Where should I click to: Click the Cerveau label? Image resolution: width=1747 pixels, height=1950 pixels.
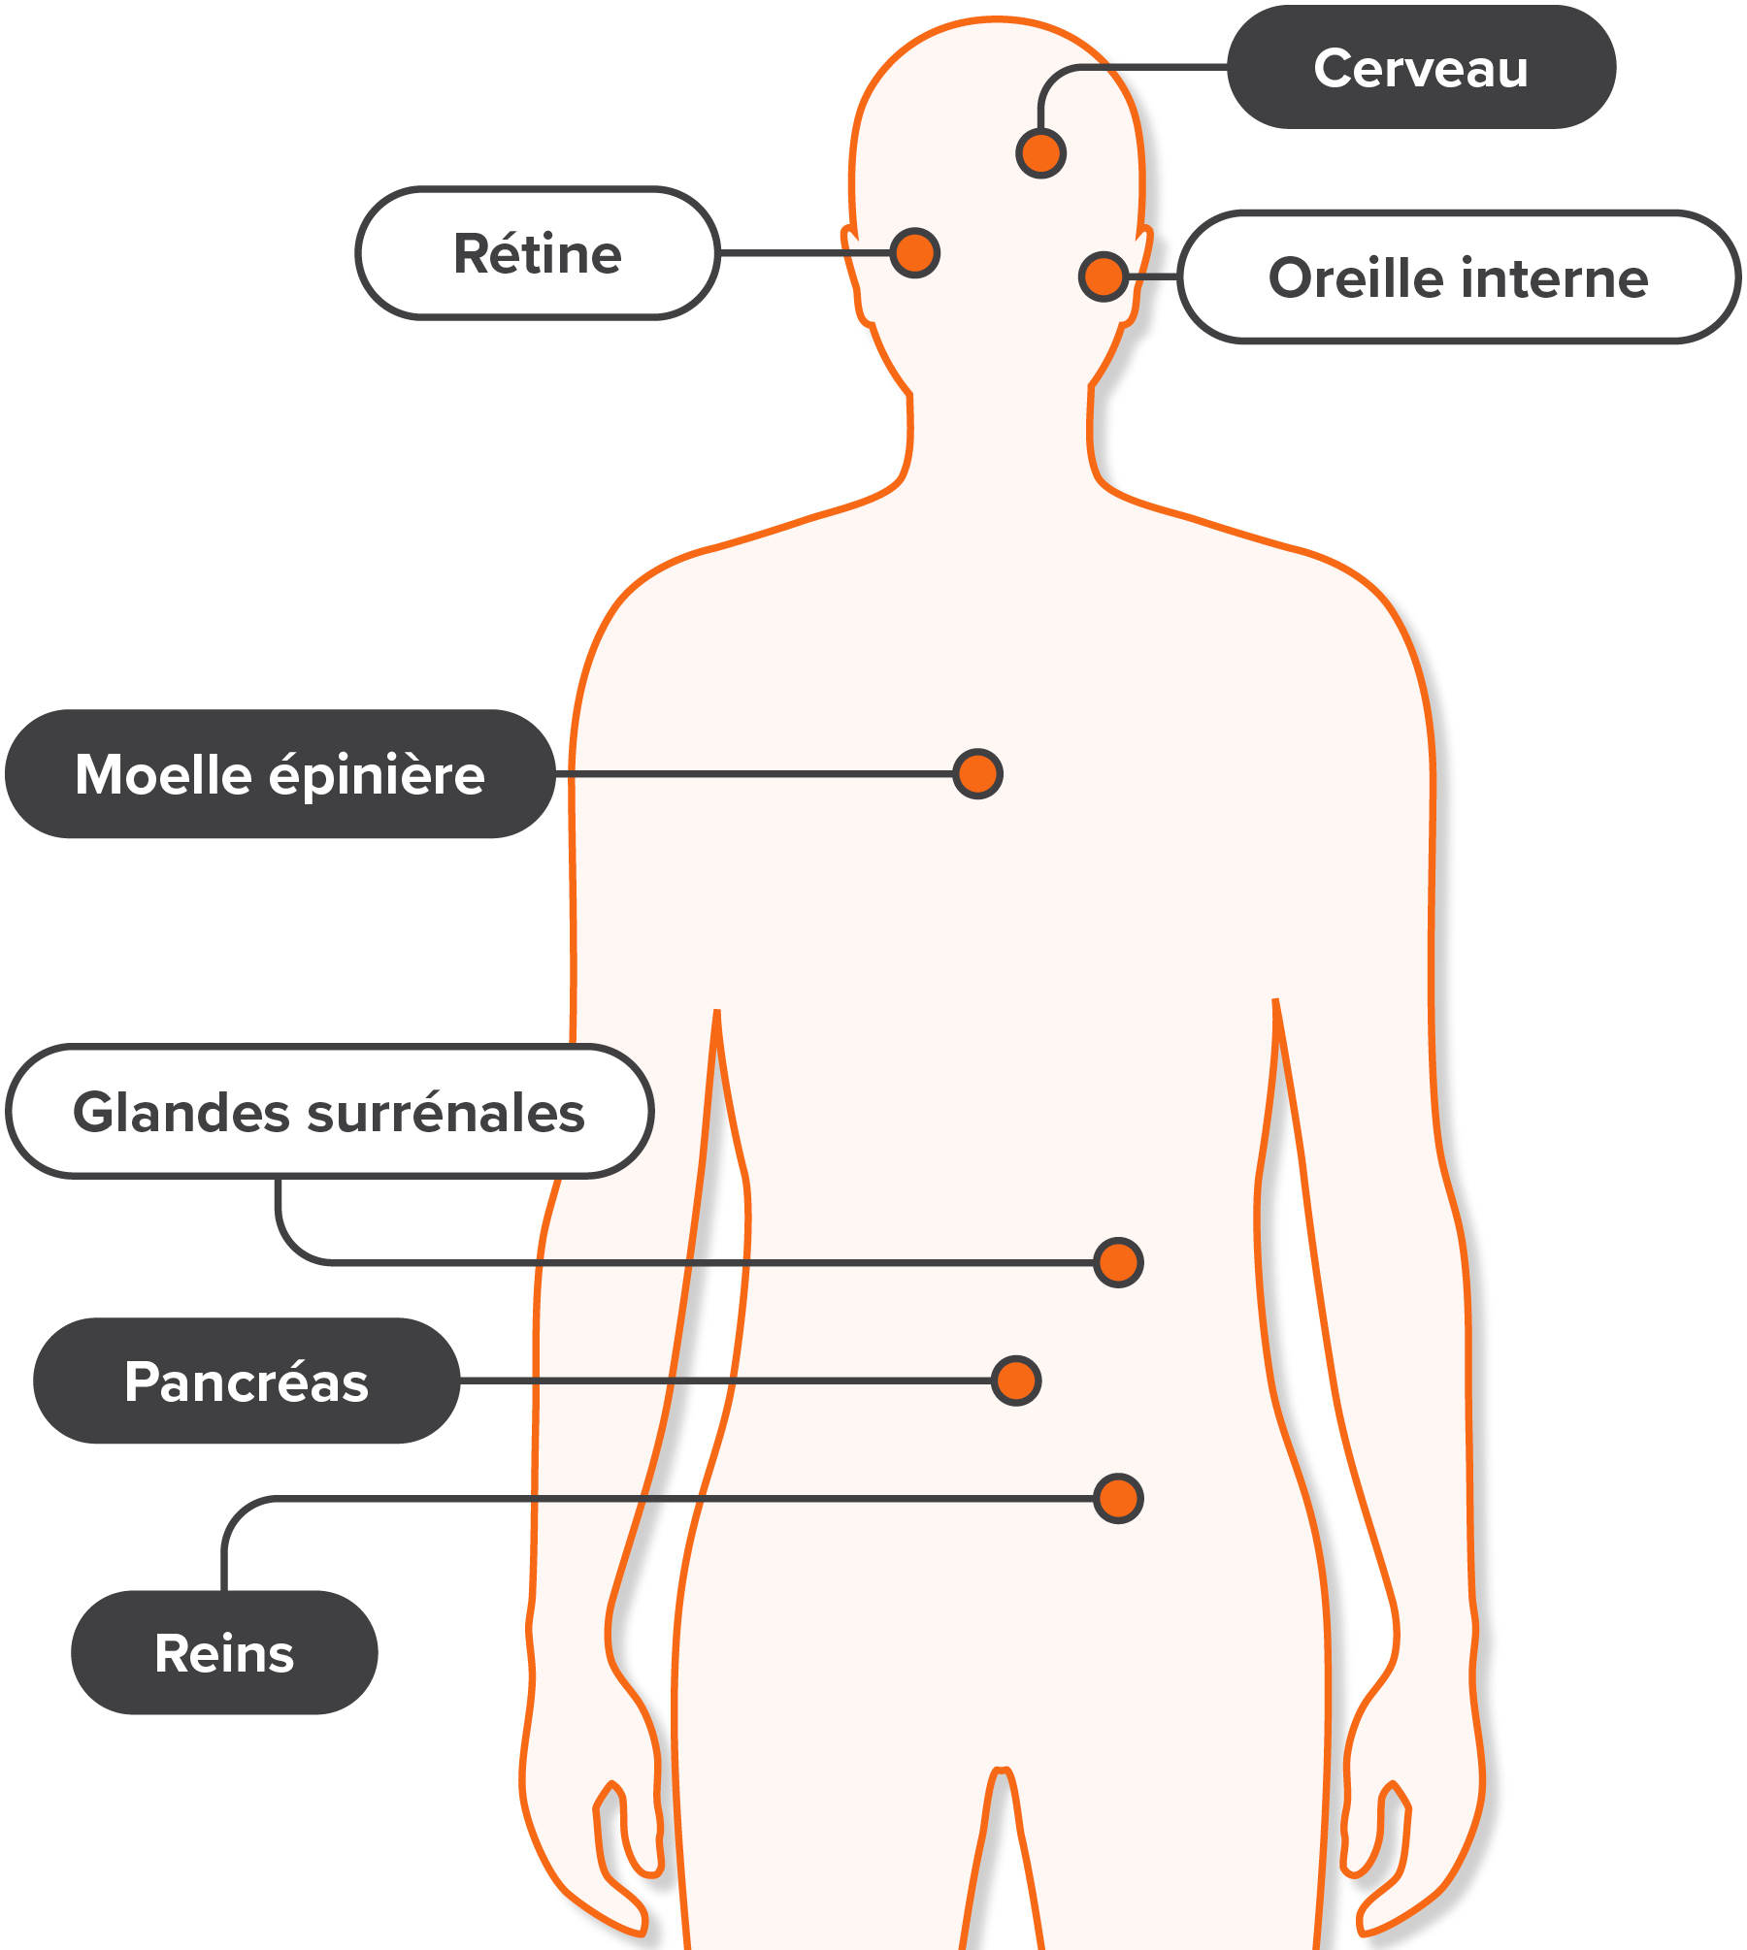[1421, 67]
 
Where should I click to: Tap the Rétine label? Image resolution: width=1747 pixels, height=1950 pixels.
[538, 253]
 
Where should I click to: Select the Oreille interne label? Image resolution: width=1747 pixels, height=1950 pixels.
[1459, 277]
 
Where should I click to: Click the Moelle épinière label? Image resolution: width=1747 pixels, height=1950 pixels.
[280, 774]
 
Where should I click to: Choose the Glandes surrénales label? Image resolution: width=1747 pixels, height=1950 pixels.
[329, 1112]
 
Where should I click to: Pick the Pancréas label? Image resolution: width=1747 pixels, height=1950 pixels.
[247, 1381]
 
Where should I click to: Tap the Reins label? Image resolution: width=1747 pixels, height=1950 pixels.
[224, 1652]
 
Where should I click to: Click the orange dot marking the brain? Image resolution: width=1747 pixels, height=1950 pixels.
[1041, 153]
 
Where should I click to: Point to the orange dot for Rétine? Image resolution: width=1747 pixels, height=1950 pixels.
[915, 253]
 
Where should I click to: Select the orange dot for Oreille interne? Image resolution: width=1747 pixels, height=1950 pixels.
[1104, 276]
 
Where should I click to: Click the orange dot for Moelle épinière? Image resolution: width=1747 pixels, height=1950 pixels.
[977, 773]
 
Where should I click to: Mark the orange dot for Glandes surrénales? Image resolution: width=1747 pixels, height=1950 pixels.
[1118, 1262]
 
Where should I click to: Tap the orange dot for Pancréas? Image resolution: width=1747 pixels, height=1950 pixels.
[1016, 1381]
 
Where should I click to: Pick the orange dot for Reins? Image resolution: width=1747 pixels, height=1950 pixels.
[1118, 1498]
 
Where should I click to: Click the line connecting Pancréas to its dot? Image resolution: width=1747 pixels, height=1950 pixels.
[726, 1381]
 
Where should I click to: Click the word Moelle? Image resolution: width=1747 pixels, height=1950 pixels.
[164, 775]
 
